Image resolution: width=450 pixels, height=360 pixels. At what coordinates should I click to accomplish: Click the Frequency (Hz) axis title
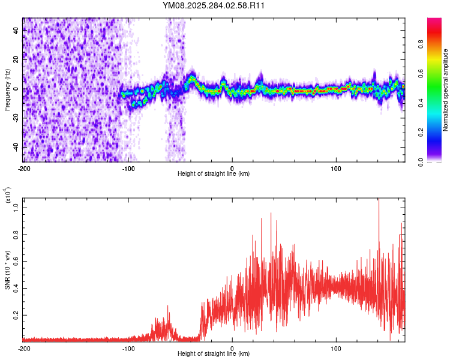[7, 89]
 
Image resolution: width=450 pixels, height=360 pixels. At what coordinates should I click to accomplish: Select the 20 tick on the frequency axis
[17, 59]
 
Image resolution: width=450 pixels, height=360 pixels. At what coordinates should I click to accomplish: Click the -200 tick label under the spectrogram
[24, 167]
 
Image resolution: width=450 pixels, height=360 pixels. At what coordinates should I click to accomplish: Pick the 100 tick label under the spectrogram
[337, 167]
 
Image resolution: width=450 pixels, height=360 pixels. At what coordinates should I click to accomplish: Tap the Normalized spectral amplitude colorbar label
[445, 90]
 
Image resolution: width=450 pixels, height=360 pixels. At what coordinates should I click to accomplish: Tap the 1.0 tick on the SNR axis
[16, 206]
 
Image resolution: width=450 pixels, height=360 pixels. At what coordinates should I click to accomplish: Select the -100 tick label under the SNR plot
[128, 347]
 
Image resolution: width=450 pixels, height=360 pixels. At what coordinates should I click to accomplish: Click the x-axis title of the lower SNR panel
[214, 353]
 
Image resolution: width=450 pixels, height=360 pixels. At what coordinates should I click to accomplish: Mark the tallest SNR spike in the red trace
[379, 200]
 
